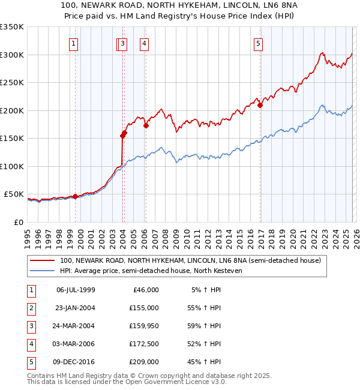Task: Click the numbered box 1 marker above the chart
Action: (x=73, y=43)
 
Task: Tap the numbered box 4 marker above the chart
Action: (x=145, y=43)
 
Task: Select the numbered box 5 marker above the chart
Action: (x=258, y=43)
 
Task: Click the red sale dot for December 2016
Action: (x=260, y=106)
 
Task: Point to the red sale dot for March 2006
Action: (x=146, y=126)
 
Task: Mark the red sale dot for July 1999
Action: (x=75, y=196)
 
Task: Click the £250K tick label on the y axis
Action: (x=12, y=83)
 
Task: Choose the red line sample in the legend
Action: (x=43, y=260)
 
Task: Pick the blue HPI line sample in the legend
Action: (x=43, y=271)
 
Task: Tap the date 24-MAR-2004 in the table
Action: (x=76, y=325)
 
